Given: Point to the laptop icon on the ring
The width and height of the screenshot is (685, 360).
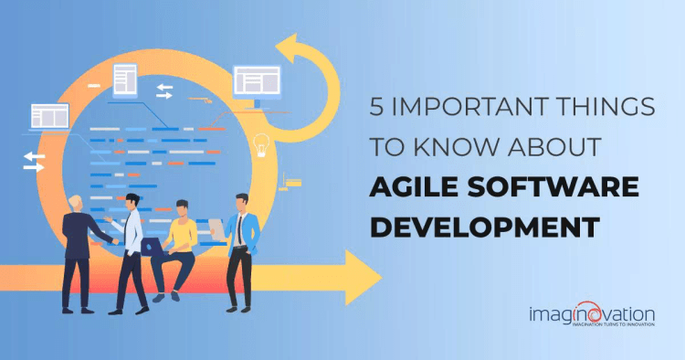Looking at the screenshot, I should pyautogui.click(x=49, y=116).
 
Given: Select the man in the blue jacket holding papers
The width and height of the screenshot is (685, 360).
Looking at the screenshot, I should pyautogui.click(x=243, y=247).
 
